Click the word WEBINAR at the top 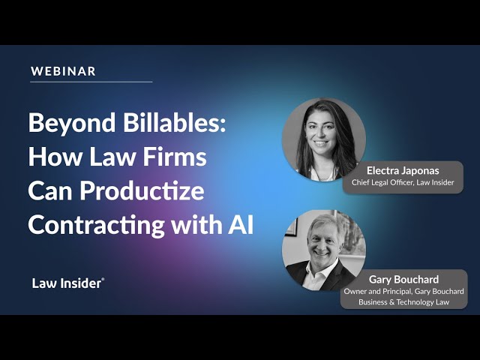63,71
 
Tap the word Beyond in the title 72,123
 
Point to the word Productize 142,190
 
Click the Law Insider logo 68,283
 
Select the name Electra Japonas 403,170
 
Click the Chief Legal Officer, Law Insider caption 403,182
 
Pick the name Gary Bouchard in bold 403,279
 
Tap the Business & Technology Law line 403,302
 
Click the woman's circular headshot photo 324,139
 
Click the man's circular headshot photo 324,250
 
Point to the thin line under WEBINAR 91,82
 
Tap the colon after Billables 223,126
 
